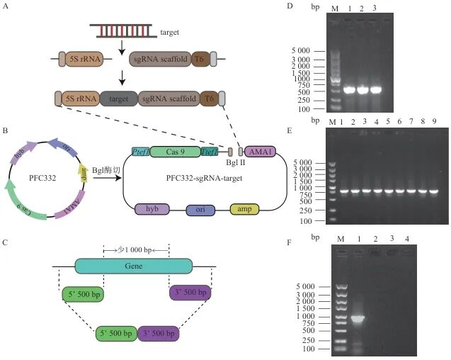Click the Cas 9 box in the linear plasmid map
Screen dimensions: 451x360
175,152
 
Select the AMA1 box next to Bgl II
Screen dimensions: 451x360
260,152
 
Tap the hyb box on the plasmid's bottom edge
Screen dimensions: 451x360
152,209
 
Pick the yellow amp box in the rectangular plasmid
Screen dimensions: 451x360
244,209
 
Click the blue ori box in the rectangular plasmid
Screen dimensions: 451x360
200,210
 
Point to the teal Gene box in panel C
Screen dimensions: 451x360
134,266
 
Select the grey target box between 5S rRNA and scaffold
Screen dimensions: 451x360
119,99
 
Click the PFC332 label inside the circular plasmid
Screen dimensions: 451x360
42,178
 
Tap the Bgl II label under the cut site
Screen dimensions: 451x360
235,162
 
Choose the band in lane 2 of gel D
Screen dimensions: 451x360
362,90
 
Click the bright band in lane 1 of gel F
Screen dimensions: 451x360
358,318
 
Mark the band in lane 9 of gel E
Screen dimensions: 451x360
434,191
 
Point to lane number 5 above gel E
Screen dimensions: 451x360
388,122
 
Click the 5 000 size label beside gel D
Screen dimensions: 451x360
301,51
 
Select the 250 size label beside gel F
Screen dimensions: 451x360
309,341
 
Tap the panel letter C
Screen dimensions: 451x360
5,242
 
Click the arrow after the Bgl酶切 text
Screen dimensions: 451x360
107,178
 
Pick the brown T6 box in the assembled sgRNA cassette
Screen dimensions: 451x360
209,99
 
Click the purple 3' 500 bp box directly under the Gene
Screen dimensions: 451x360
190,293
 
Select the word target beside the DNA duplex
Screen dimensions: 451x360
169,33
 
